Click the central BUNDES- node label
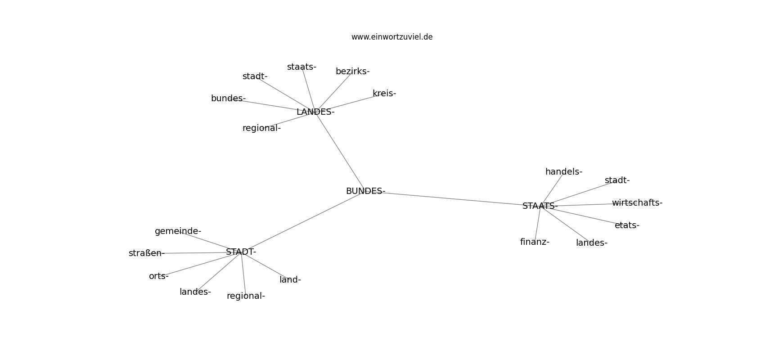[x=365, y=191]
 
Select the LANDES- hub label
[x=315, y=112]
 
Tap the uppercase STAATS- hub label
[x=540, y=206]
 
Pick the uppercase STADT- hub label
[x=241, y=252]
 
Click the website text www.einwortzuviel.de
[x=392, y=37]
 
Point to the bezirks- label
[x=352, y=72]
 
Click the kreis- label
[x=384, y=93]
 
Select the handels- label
[x=564, y=172]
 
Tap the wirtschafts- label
[x=637, y=203]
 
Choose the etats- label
[x=627, y=225]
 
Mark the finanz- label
[x=535, y=242]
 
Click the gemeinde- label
[x=178, y=231]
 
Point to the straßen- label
[x=147, y=253]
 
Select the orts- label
[x=159, y=276]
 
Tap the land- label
[x=290, y=280]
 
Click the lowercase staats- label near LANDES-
[x=301, y=67]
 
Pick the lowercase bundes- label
[x=228, y=99]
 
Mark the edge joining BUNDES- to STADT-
[x=303, y=221]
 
